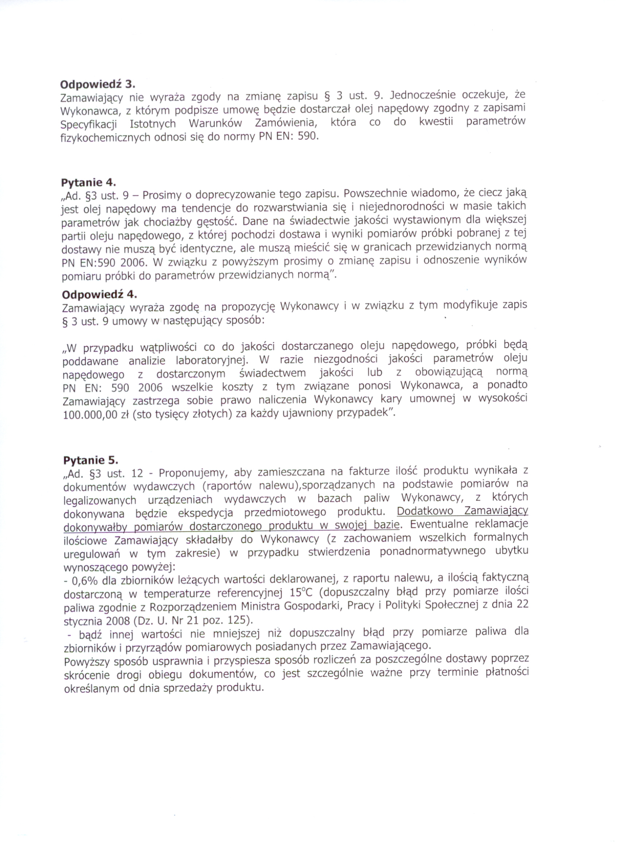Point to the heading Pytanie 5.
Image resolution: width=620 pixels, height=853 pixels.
tap(90, 460)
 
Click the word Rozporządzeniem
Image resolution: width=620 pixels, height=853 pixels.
tap(194, 607)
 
